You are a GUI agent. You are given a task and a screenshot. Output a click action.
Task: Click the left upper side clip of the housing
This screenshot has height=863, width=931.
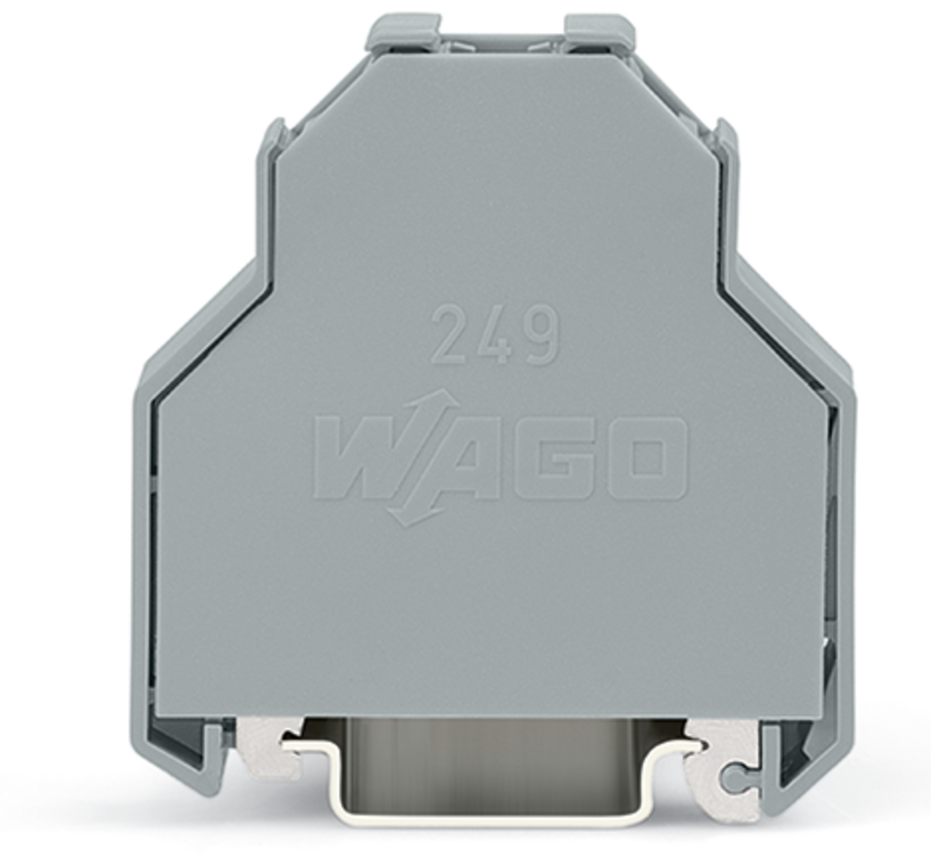coord(273,142)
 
